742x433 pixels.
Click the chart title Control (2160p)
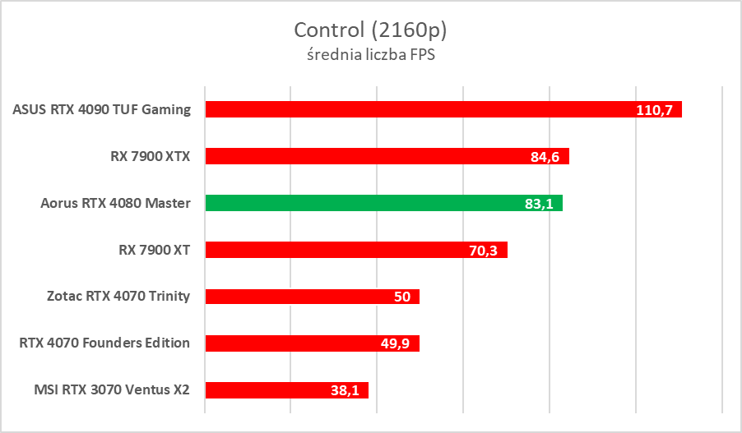[x=370, y=30]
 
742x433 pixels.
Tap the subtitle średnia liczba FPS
[x=370, y=55]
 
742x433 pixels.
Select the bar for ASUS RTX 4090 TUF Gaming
[x=411, y=109]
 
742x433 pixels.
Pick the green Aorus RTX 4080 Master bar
[x=354, y=203]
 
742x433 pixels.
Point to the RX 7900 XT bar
[x=329, y=250]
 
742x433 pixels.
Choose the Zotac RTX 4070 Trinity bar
[x=296, y=297]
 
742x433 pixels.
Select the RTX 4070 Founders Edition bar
[x=296, y=343]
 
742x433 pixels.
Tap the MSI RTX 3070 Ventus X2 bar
[x=263, y=390]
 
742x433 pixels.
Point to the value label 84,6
[x=545, y=157]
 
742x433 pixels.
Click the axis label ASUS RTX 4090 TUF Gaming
[x=102, y=109]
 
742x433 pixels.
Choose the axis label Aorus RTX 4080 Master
[x=115, y=203]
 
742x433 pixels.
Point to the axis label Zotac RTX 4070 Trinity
[x=118, y=297]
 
